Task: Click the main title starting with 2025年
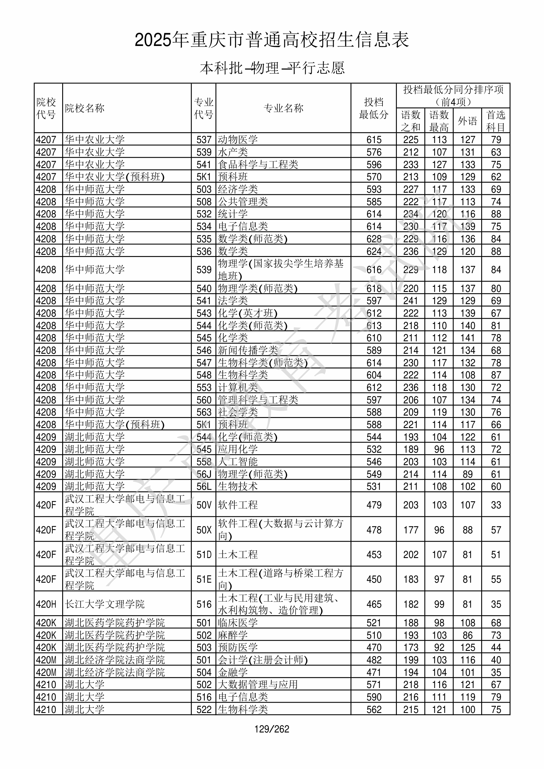[272, 40]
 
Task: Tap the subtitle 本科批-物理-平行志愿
[272, 68]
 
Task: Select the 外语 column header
[467, 121]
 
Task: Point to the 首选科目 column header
[496, 121]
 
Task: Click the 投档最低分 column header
[374, 108]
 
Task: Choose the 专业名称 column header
[283, 108]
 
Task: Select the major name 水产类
[233, 152]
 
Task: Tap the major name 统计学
[233, 214]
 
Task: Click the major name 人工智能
[238, 462]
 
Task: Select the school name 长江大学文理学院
[105, 604]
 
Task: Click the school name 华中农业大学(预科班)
[115, 177]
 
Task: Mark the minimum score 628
[374, 239]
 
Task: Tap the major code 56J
[204, 474]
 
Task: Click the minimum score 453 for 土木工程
[374, 554]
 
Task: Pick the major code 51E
[204, 579]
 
